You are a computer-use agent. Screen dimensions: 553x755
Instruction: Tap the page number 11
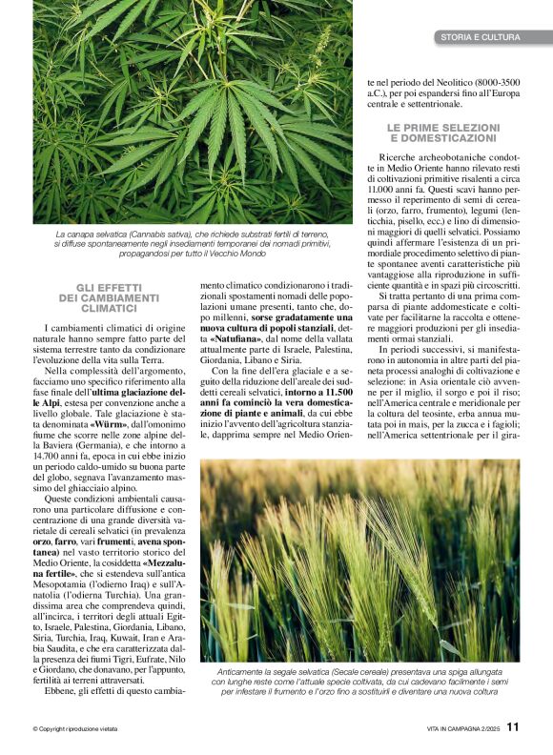pyautogui.click(x=513, y=726)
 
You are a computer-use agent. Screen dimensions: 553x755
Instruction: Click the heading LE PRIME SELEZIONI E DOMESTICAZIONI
pyautogui.click(x=442, y=133)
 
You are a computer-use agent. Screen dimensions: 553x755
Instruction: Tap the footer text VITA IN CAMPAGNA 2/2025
pyautogui.click(x=463, y=728)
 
